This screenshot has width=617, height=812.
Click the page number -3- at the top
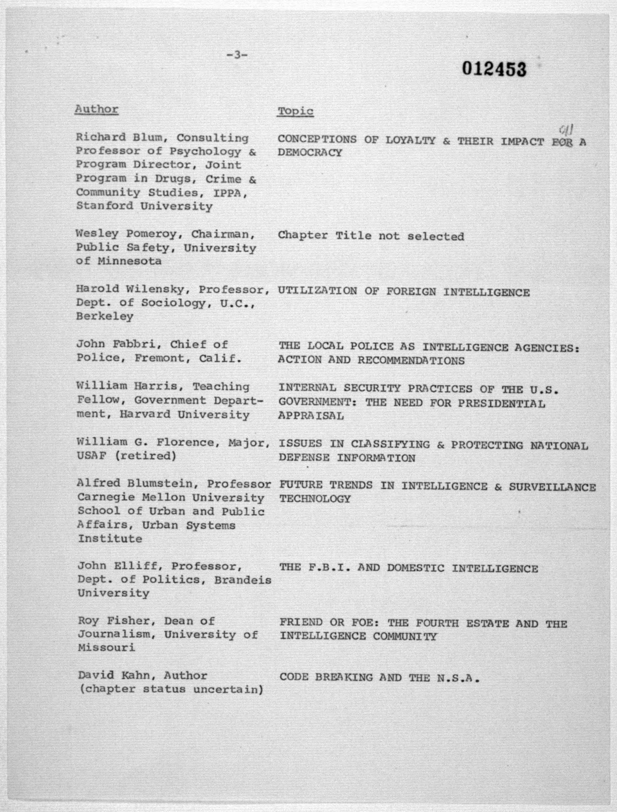(x=237, y=55)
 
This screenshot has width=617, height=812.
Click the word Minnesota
(x=129, y=261)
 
